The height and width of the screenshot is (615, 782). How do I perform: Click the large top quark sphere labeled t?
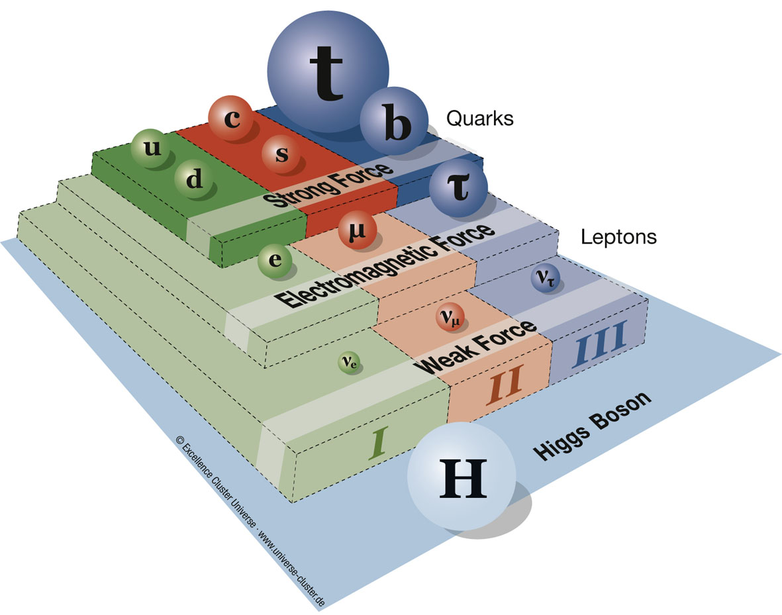328,71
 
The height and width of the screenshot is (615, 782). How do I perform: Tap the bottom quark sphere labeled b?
394,120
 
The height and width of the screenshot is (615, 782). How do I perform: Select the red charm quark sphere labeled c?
230,118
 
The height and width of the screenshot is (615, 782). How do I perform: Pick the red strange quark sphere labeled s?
281,154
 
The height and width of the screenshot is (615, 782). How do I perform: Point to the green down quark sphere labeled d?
195,179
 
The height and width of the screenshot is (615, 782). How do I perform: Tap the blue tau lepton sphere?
458,188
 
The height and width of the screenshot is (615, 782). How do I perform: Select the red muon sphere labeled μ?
357,230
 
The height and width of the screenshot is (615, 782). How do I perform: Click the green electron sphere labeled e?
275,260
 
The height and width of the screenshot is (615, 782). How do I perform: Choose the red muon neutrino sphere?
450,316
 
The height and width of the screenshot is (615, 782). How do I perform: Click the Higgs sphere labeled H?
462,476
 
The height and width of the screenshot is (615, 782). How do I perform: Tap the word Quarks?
479,118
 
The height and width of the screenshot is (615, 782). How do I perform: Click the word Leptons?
618,236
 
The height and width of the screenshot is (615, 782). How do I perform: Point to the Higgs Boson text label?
592,426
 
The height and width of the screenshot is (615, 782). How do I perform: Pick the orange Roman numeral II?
505,383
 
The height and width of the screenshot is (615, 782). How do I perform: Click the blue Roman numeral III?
599,344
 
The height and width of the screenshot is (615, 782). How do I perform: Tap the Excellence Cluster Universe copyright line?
250,521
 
